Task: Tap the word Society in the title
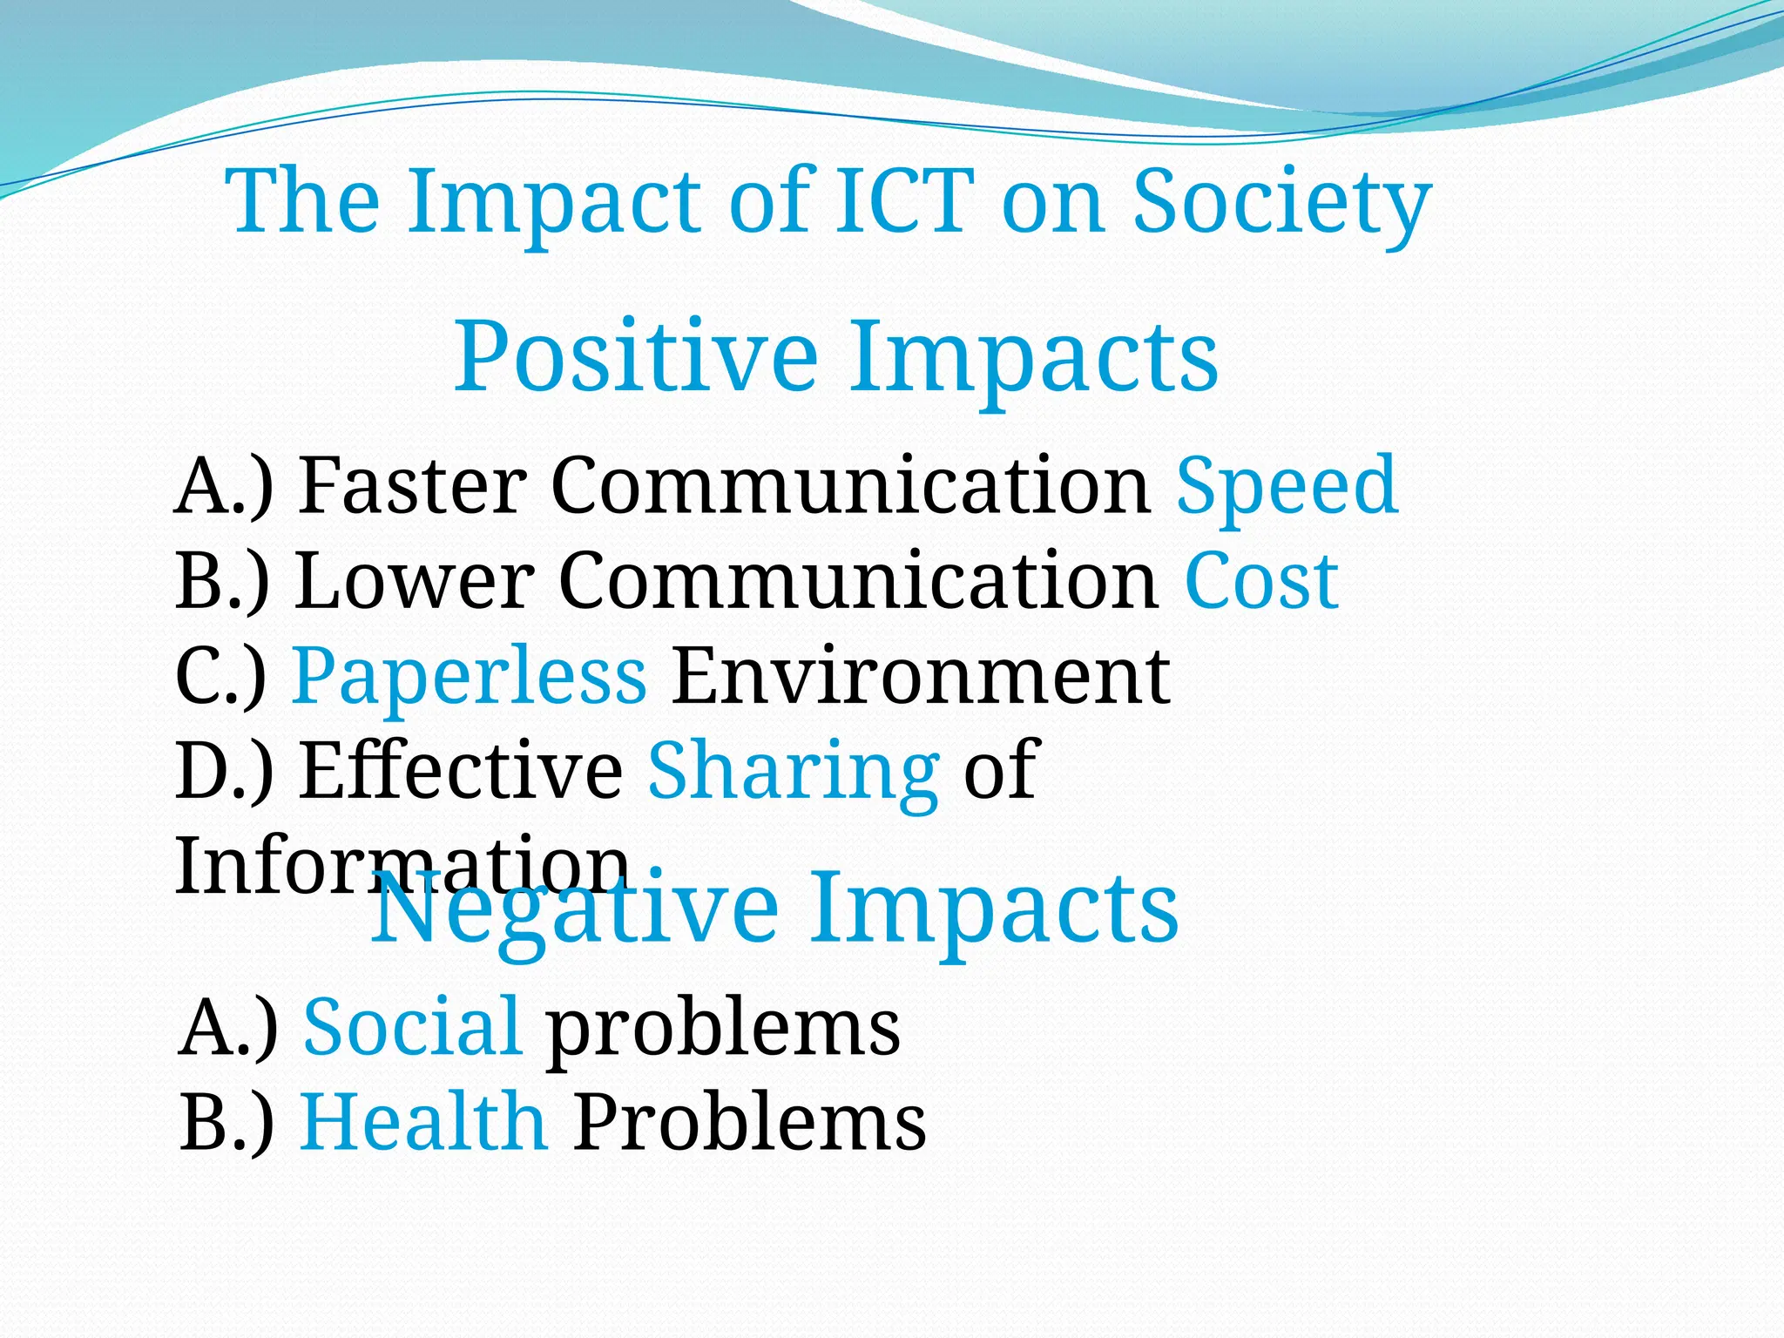(x=1281, y=202)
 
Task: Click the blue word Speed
(x=1287, y=486)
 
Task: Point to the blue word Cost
(x=1261, y=581)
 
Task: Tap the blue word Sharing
(x=793, y=771)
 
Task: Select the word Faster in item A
(x=412, y=486)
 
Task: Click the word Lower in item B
(x=414, y=581)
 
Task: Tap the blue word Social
(x=413, y=1027)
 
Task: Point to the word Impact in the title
(x=554, y=202)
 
